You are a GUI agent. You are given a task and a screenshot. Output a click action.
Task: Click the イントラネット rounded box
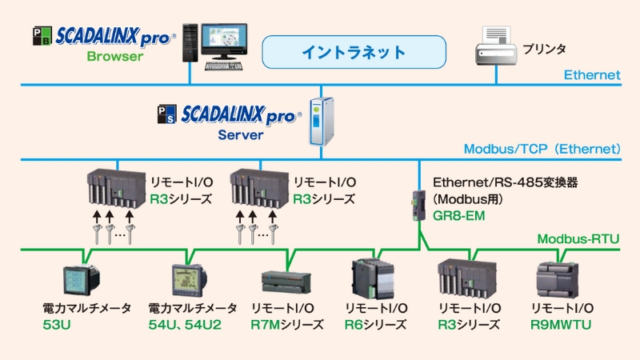pyautogui.click(x=354, y=53)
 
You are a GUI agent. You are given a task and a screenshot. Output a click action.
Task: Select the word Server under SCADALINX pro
pyautogui.click(x=241, y=135)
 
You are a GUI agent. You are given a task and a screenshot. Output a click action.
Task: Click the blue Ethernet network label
pyautogui.click(x=592, y=75)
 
